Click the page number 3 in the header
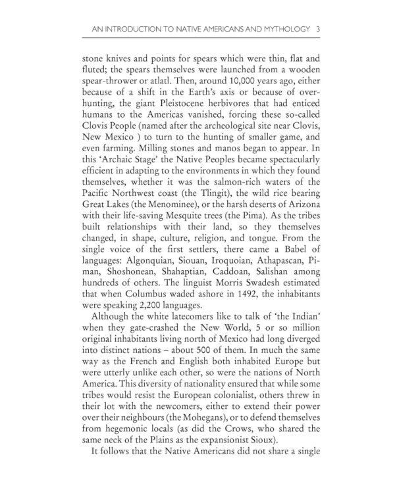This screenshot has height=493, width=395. (318, 28)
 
